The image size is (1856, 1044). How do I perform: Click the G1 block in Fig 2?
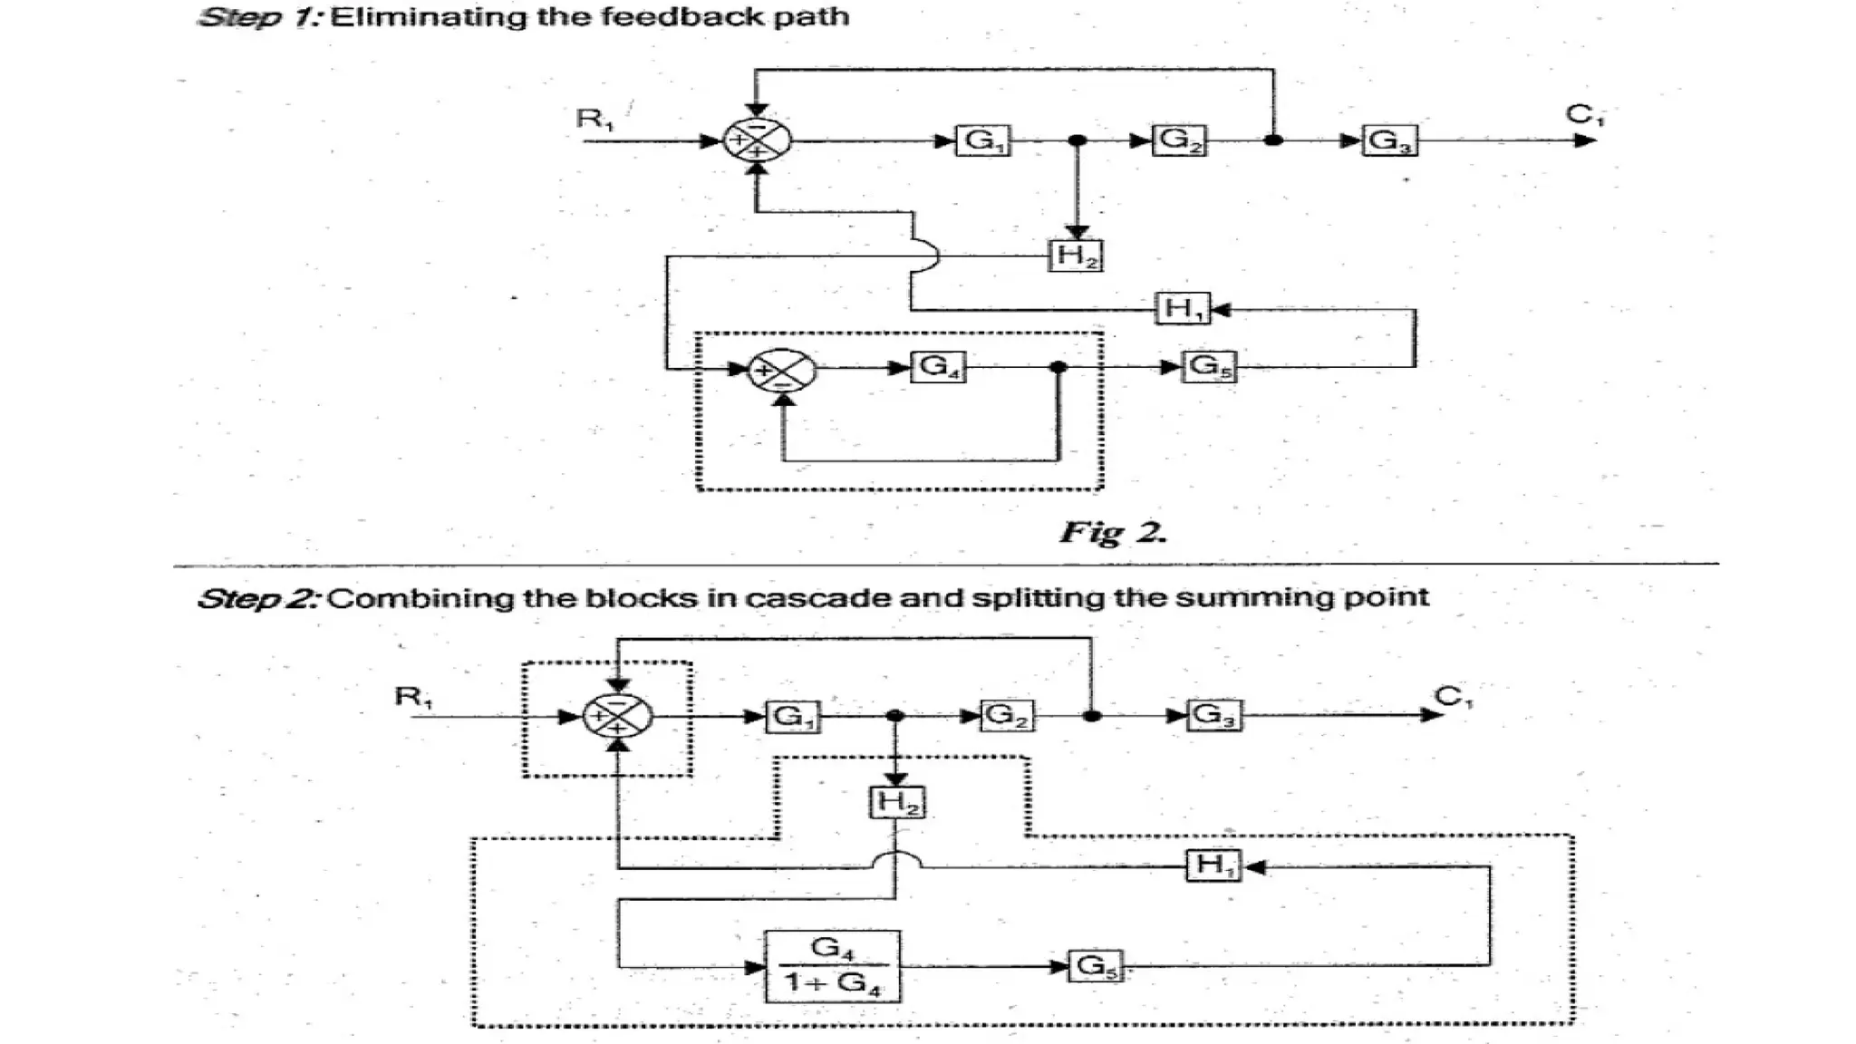coord(983,140)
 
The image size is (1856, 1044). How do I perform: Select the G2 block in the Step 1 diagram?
coord(1179,140)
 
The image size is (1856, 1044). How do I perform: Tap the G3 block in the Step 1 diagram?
coord(1390,140)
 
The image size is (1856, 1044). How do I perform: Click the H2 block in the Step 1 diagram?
coord(1076,256)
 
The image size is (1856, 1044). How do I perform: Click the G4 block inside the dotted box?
coord(938,367)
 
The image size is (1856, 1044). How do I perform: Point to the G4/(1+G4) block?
coord(833,966)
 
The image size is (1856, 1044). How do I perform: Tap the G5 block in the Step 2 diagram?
coord(1096,966)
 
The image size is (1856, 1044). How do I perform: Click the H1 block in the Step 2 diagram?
coord(1213,865)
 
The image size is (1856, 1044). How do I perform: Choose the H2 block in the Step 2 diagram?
coord(896,802)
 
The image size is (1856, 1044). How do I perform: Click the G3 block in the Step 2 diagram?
coord(1214,715)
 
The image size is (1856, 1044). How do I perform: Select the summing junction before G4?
coord(782,370)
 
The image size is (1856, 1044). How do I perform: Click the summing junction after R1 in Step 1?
coord(757,140)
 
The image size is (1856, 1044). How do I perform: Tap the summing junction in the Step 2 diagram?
coord(617,716)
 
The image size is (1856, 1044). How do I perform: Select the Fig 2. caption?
coord(1113,532)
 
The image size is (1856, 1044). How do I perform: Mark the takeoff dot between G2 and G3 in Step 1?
coord(1273,140)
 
